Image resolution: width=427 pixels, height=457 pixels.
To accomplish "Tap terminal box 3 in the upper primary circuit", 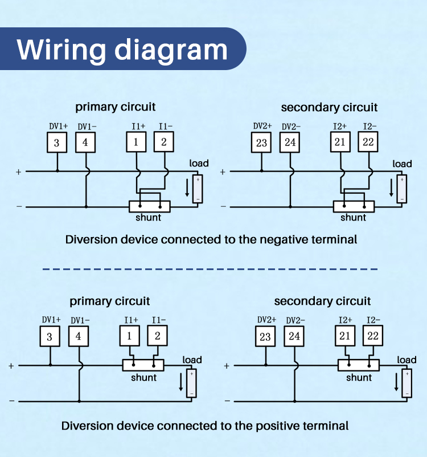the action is click(57, 142).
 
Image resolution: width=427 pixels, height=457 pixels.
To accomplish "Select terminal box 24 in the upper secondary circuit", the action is click(290, 142).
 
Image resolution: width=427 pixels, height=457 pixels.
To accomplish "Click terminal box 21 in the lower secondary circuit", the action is click(345, 336).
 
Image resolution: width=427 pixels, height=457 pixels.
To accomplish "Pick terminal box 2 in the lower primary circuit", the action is click(157, 336).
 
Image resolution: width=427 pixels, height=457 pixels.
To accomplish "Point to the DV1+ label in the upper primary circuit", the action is click(58, 126).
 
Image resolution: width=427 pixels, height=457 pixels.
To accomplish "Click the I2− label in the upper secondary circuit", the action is click(369, 126).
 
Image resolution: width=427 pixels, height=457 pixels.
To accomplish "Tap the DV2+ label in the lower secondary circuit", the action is click(266, 320).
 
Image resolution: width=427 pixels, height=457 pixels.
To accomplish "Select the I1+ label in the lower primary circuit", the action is click(131, 320).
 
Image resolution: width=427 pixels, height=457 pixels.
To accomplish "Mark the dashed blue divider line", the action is click(210, 269).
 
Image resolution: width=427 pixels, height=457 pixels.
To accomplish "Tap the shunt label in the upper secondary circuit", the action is click(354, 218).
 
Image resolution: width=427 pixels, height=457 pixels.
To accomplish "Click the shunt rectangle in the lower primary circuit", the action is click(143, 365).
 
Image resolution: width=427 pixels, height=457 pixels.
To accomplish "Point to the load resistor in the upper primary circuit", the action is click(198, 189).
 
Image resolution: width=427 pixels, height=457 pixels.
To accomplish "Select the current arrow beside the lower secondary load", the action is click(396, 382).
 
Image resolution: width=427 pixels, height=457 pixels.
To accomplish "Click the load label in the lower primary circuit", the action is click(192, 360).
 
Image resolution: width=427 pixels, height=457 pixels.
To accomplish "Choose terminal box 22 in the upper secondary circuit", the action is click(368, 142).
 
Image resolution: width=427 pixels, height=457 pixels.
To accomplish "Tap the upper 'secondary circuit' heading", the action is click(329, 107).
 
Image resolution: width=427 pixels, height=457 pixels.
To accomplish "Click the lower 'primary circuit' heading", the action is click(109, 301).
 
